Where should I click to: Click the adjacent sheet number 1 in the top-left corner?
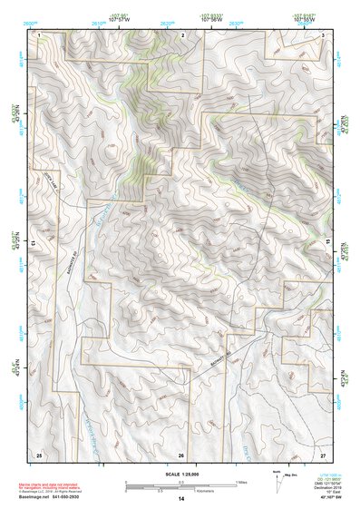(x=41, y=34)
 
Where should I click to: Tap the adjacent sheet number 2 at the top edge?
(x=182, y=34)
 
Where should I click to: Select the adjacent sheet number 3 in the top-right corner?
(x=324, y=34)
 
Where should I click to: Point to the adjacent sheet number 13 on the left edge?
(x=34, y=243)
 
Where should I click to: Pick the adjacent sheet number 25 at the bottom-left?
(x=39, y=453)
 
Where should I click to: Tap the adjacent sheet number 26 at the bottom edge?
(x=181, y=454)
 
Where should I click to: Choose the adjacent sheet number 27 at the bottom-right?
(x=324, y=453)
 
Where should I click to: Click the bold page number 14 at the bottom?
(x=181, y=500)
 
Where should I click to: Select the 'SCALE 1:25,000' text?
(x=180, y=474)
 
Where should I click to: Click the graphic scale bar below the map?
(x=180, y=485)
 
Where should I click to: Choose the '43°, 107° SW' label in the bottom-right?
(x=325, y=498)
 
